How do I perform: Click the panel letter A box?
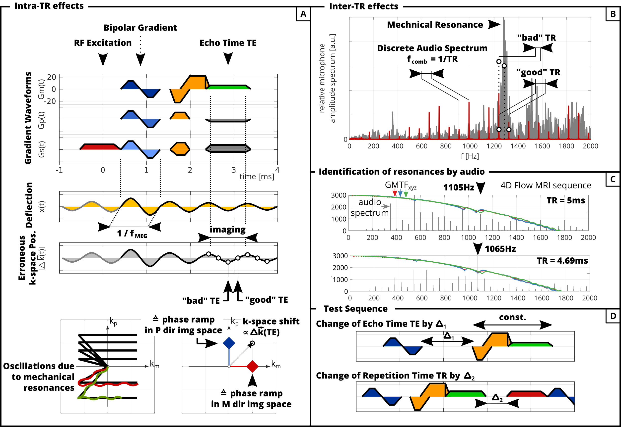coord(303,14)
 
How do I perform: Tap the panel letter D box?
coord(613,316)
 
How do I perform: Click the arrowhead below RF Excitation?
coord(103,59)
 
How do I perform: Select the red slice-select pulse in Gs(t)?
coord(100,147)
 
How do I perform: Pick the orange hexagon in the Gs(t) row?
coord(180,148)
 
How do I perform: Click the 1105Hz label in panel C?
coord(459,187)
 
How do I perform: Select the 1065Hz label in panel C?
coord(500,249)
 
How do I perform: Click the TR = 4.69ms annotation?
coord(562,261)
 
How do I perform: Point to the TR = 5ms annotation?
coord(565,200)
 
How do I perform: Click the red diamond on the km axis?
coord(252,366)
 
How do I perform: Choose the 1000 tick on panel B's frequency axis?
coord(470,146)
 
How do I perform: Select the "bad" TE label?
coord(201,301)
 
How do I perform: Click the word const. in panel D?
coord(512,317)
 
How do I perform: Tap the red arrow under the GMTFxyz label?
coord(395,193)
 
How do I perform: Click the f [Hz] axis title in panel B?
coord(470,156)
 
